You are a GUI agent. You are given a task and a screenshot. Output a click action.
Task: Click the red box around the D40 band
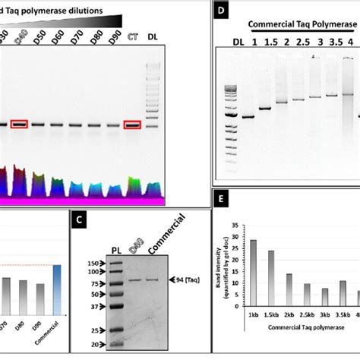click(19, 125)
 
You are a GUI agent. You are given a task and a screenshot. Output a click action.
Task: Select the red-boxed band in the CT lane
click(132, 125)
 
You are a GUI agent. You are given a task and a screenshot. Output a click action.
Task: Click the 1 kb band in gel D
click(248, 117)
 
